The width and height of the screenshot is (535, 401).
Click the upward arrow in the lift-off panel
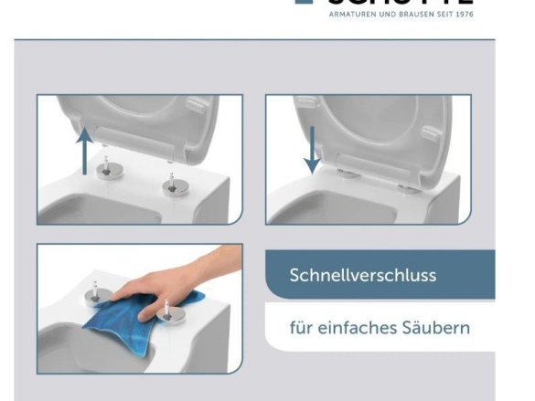click(84, 150)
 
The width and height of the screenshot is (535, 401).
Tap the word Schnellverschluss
click(362, 275)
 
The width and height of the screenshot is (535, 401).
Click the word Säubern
click(439, 326)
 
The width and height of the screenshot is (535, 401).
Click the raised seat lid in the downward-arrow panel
click(384, 128)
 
